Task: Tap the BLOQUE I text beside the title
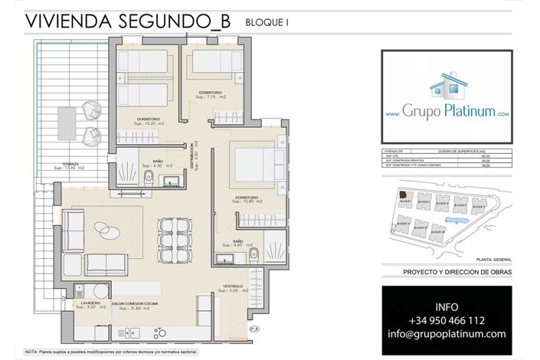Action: [x=267, y=24]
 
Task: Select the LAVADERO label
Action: [x=83, y=304]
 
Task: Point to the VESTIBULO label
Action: [x=233, y=286]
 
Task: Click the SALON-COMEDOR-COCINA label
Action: [x=136, y=304]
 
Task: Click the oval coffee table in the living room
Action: [x=104, y=229]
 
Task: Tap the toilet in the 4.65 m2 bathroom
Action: [x=257, y=254]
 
